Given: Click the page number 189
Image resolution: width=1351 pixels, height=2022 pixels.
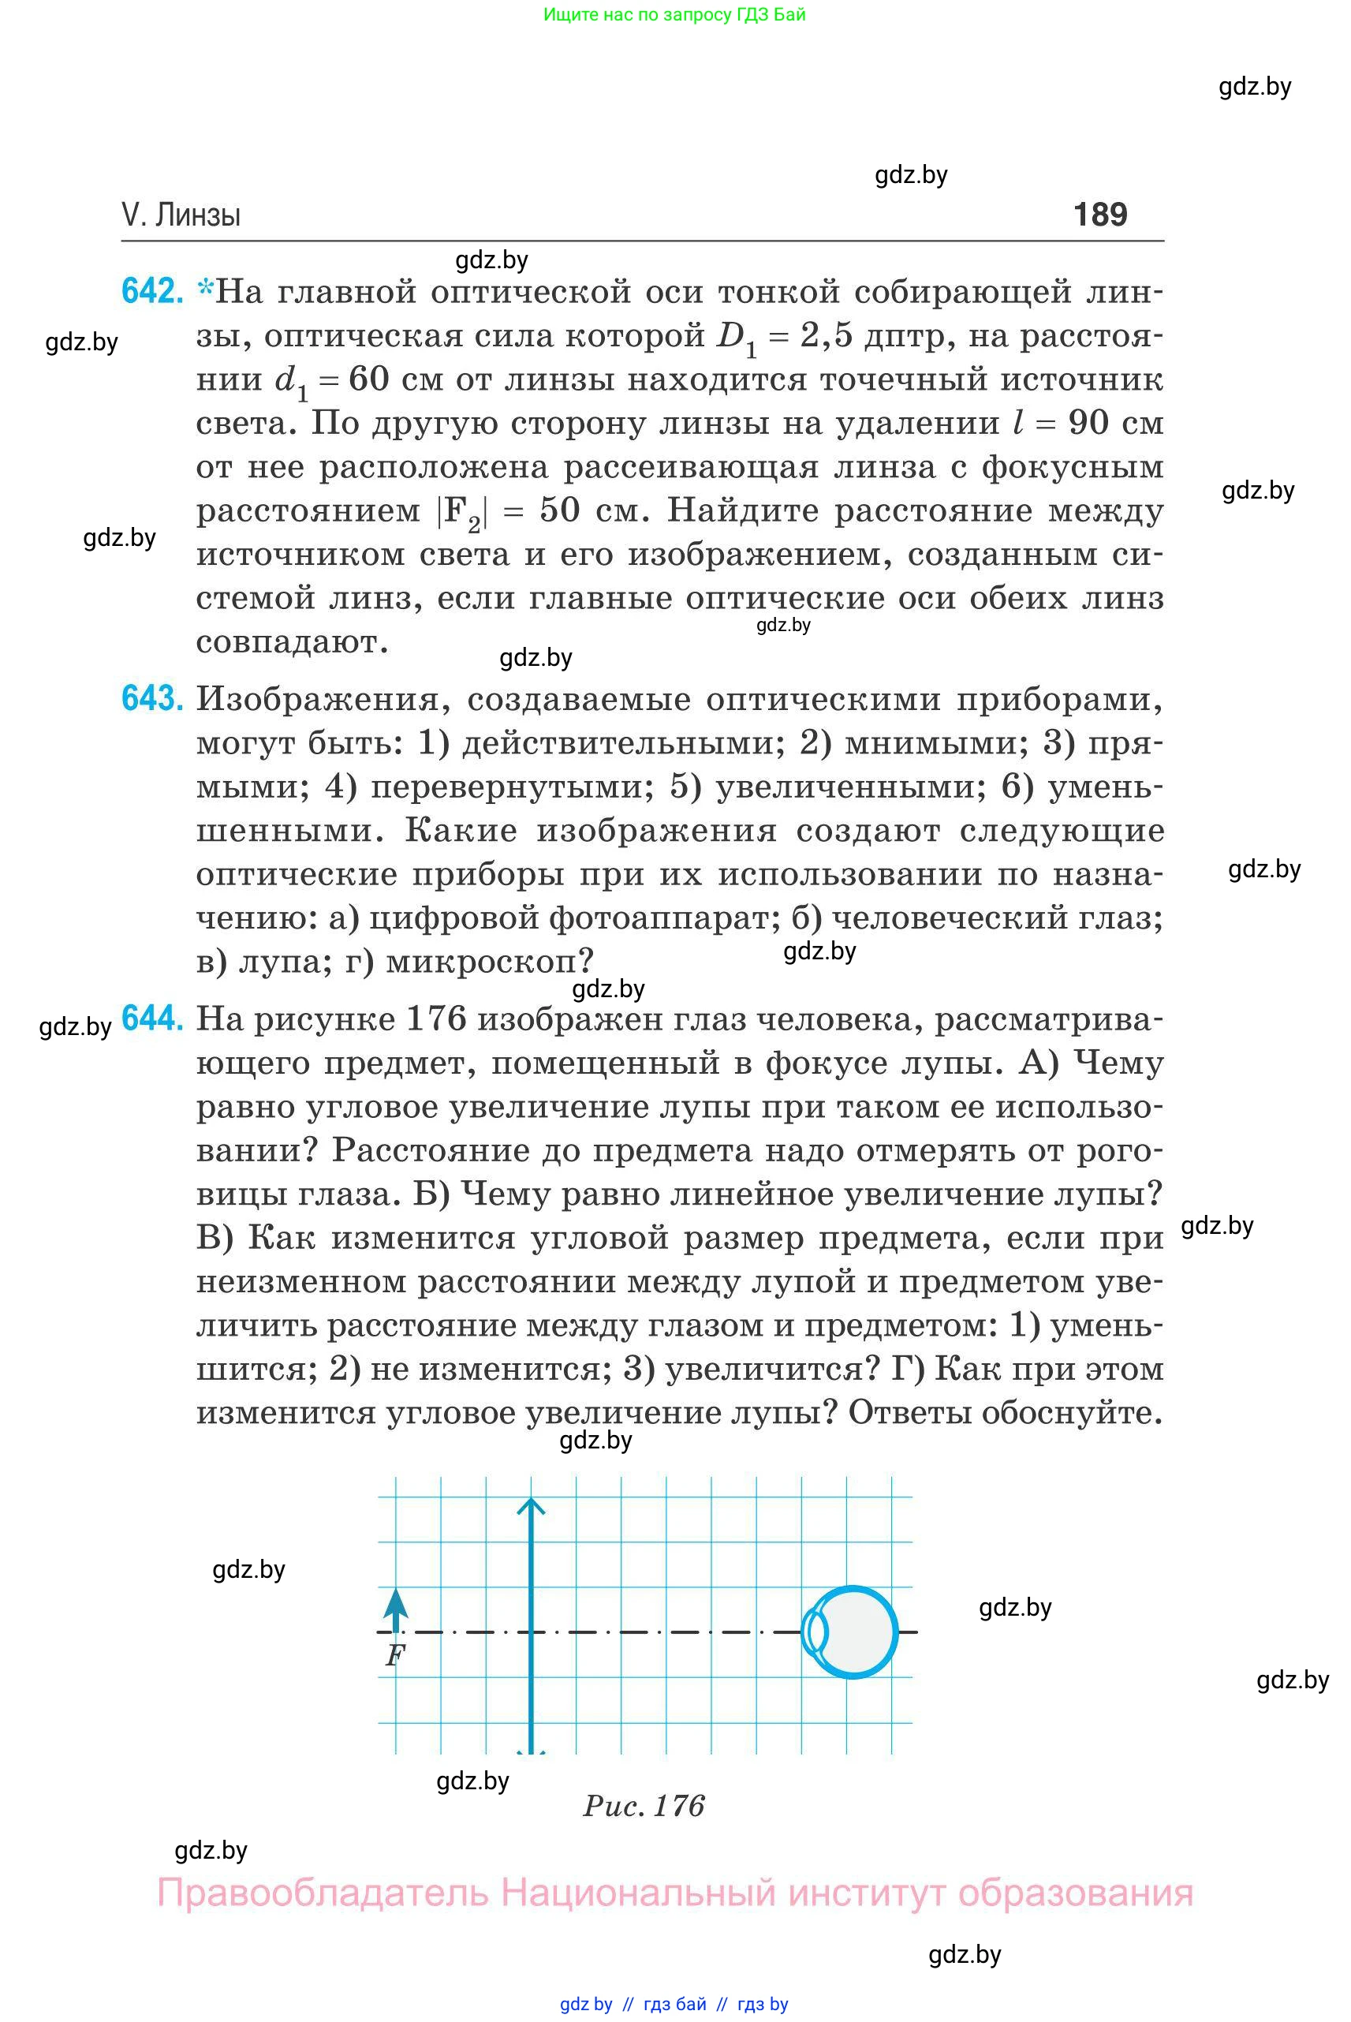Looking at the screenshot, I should pyautogui.click(x=1099, y=214).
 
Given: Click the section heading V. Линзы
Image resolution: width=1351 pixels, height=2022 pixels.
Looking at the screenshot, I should pyautogui.click(x=181, y=215).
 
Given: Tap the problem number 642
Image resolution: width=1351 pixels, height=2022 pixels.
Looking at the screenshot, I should pyautogui.click(x=152, y=291).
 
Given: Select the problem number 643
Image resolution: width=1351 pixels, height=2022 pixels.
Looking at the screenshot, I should pyautogui.click(x=152, y=698).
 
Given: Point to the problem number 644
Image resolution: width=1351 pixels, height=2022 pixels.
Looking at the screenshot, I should pyautogui.click(x=152, y=1018).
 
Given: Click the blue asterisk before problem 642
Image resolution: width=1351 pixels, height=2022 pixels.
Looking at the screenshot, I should pyautogui.click(x=205, y=289).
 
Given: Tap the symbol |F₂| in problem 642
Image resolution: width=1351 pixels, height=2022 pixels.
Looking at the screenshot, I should pyautogui.click(x=462, y=511).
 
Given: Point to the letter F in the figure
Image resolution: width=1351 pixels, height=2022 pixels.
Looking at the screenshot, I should pyautogui.click(x=394, y=1656).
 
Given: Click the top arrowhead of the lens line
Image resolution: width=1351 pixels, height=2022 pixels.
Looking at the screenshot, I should pyautogui.click(x=531, y=1506).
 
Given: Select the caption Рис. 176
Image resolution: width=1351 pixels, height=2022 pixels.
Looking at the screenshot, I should pyautogui.click(x=644, y=1805).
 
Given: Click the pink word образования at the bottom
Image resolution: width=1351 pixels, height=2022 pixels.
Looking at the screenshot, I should pyautogui.click(x=1075, y=1893).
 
